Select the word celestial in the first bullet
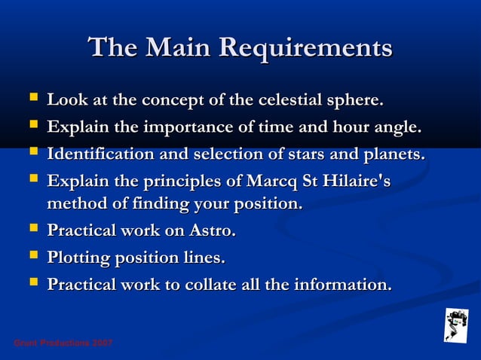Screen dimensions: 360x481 coord(286,100)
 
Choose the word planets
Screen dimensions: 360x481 coord(392,154)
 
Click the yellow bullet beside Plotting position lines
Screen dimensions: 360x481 coord(32,257)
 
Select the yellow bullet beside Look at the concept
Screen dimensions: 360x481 coord(32,99)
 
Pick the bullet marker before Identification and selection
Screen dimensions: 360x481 coord(32,154)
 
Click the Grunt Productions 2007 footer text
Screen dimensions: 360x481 coord(63,343)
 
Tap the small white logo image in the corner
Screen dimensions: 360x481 coord(455,325)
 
